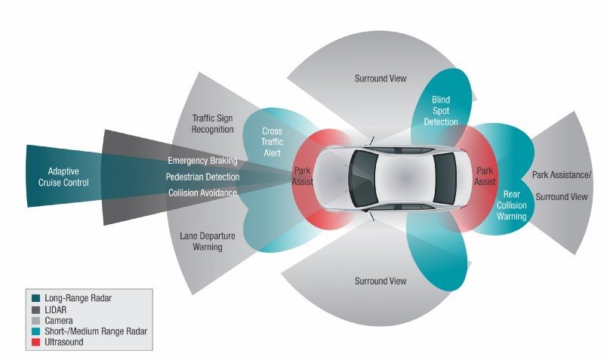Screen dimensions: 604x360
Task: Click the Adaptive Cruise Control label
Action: pos(63,177)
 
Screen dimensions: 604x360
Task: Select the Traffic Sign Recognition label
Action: pos(213,124)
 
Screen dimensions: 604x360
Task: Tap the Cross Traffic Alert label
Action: pos(272,142)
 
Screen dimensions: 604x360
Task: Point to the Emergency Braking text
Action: pos(202,160)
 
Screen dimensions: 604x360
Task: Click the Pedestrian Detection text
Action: pos(202,177)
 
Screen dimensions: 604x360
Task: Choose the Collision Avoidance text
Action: pos(202,192)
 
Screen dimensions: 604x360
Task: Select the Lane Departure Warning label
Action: pos(208,242)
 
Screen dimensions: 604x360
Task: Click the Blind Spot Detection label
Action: pos(441,111)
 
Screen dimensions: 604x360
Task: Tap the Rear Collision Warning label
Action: pos(512,205)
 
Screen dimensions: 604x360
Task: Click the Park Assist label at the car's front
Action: pos(303,176)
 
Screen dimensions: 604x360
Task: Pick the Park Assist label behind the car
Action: pos(485,176)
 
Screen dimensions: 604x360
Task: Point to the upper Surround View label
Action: pos(381,78)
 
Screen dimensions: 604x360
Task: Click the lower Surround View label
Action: pos(381,281)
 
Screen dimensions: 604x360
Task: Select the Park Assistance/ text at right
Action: pos(561,175)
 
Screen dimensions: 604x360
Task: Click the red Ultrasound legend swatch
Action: pos(35,342)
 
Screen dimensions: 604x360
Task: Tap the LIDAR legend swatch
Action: pos(35,309)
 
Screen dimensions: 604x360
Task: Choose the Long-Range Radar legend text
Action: pos(79,298)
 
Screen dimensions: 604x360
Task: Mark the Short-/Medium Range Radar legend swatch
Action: pos(35,331)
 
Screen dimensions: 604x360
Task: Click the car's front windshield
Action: pos(363,178)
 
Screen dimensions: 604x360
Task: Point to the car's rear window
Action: pos(445,178)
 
